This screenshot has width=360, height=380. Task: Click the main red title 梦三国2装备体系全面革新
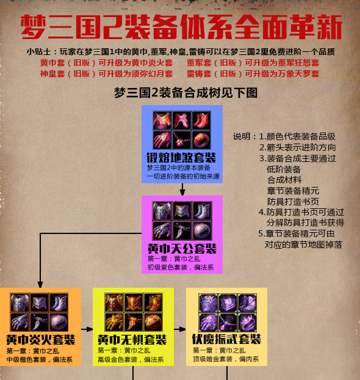[181, 27]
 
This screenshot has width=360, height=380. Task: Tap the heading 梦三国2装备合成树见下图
[185, 93]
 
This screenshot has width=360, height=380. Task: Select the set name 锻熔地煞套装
[181, 158]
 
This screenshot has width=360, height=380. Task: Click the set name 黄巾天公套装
[182, 249]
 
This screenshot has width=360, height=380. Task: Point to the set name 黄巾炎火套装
[41, 340]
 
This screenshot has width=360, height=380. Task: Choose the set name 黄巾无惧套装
[132, 340]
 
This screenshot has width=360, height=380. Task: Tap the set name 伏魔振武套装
[226, 339]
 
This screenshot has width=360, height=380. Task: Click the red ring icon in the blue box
[201, 140]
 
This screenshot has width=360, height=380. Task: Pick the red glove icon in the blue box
[162, 140]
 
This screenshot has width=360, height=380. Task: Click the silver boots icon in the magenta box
[203, 211]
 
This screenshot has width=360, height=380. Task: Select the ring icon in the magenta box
[203, 230]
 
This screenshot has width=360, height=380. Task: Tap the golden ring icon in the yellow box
[153, 322]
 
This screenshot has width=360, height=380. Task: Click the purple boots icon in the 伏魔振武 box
[248, 302]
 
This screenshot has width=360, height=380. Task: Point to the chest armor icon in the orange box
[20, 302]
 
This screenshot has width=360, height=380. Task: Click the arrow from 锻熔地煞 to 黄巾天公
[182, 189]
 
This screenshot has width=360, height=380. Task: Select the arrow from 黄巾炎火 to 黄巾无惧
[87, 329]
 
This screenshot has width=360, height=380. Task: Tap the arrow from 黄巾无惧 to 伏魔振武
[180, 329]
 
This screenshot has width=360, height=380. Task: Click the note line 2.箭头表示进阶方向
[298, 147]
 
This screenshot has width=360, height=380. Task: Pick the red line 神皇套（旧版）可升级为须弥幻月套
[107, 73]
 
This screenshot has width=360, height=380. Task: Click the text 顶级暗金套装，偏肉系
[226, 359]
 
